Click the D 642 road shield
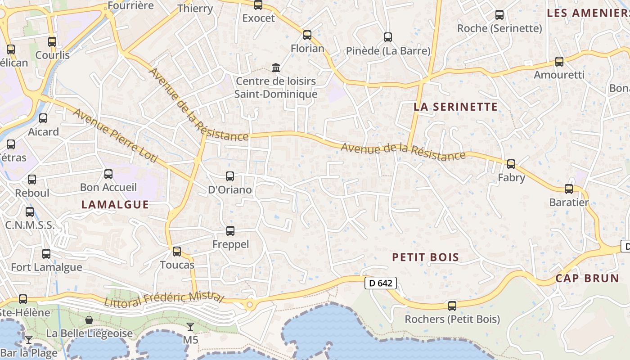pyautogui.click(x=380, y=283)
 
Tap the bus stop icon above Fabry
pyautogui.click(x=511, y=164)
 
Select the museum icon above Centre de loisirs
pyautogui.click(x=276, y=68)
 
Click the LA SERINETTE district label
pyautogui.click(x=455, y=107)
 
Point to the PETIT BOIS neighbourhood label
pyautogui.click(x=425, y=257)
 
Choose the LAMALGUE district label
pyautogui.click(x=115, y=205)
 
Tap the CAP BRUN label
pyautogui.click(x=587, y=278)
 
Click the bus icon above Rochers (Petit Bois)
pyautogui.click(x=452, y=306)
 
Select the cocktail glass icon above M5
pyautogui.click(x=190, y=326)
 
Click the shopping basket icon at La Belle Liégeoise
pyautogui.click(x=89, y=320)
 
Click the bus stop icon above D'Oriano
pyautogui.click(x=230, y=176)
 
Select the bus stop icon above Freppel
pyautogui.click(x=230, y=231)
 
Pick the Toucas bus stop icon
pyautogui.click(x=177, y=252)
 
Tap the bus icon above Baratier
pyautogui.click(x=569, y=189)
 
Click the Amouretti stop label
pyautogui.click(x=559, y=75)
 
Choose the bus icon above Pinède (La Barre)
pyautogui.click(x=388, y=37)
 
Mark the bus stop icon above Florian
pyautogui.click(x=307, y=35)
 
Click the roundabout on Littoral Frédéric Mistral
pyautogui.click(x=249, y=305)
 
